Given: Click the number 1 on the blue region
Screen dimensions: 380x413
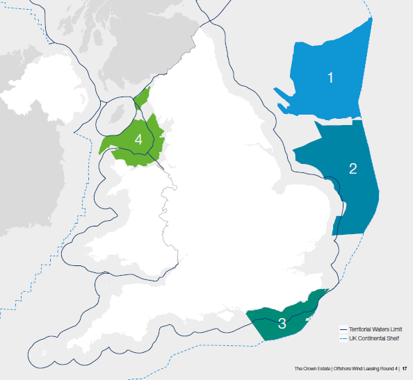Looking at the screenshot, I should (330, 78).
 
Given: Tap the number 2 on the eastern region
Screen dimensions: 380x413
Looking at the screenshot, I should (353, 168).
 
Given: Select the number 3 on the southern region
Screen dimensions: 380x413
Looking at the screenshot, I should (282, 323).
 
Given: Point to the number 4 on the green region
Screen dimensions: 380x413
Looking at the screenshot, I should (138, 140).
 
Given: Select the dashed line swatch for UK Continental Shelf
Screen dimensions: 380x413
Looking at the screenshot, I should (343, 338).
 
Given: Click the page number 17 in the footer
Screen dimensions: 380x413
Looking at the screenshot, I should (404, 368).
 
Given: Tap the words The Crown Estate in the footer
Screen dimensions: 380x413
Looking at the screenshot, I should (310, 368).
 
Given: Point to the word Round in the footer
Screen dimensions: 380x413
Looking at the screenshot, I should (387, 368).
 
